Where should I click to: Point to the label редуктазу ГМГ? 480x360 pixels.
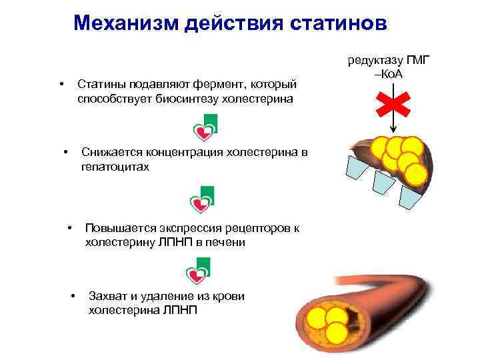coord(390,61)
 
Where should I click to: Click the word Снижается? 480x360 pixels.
coord(113,153)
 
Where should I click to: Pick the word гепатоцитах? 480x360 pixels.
coord(115,167)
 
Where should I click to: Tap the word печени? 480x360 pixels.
coord(227,242)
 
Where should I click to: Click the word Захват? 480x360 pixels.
coord(109,296)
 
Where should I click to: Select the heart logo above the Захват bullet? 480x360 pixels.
coord(198,271)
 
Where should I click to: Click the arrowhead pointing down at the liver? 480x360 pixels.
coord(393,131)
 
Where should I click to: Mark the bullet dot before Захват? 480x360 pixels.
coord(73,296)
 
